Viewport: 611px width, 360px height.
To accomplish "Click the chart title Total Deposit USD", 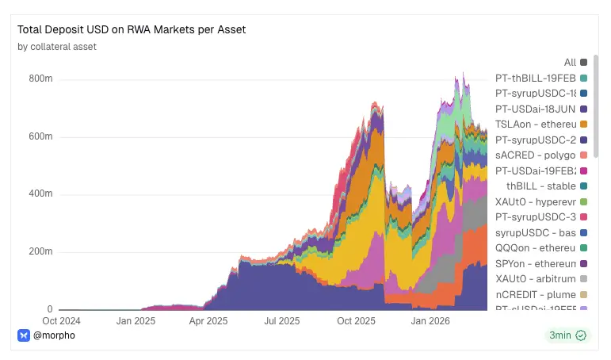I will (132, 29).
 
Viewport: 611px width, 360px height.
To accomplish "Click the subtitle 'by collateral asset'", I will (57, 47).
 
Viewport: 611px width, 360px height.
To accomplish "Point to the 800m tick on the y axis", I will (40, 79).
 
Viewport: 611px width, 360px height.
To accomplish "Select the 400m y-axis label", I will (40, 194).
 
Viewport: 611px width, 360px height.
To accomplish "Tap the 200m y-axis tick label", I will (40, 252).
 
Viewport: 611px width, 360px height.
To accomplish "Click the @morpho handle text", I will (54, 335).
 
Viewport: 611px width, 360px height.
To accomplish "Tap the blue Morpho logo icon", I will (24, 335).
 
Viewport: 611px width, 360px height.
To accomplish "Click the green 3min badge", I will (568, 335).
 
